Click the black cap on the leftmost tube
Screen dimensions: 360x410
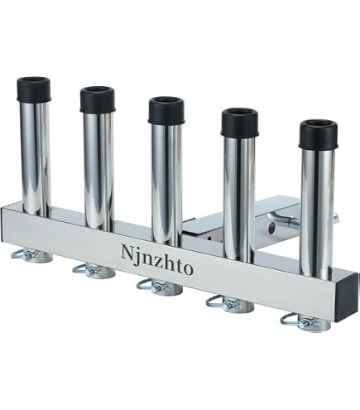pyautogui.click(x=34, y=89)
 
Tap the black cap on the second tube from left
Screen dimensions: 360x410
pyautogui.click(x=98, y=99)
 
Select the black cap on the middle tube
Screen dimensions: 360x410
pyautogui.click(x=166, y=110)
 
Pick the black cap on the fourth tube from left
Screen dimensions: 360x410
pyautogui.click(x=240, y=123)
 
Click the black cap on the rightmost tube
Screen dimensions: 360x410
pyautogui.click(x=319, y=134)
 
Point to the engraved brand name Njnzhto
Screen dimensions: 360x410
pyautogui.click(x=156, y=259)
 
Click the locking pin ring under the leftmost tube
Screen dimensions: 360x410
pyautogui.click(x=22, y=255)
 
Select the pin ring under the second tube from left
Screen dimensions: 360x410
pyautogui.click(x=84, y=270)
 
